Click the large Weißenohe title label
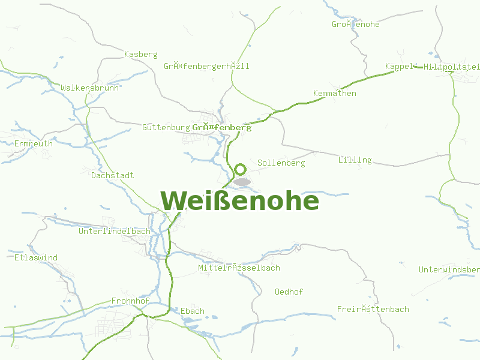[239, 200]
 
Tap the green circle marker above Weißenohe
[241, 170]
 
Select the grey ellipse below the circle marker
[242, 181]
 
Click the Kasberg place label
[140, 55]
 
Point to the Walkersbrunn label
[90, 88]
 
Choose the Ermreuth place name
[34, 144]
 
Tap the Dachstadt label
[112, 176]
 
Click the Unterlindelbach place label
[114, 231]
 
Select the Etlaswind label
[36, 258]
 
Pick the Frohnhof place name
[130, 301]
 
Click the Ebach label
[193, 311]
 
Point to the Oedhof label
[289, 292]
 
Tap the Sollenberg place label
[281, 163]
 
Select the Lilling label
[355, 160]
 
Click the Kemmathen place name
[335, 94]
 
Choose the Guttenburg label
[166, 128]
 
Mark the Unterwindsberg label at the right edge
[449, 269]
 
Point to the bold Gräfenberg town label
[221, 128]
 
